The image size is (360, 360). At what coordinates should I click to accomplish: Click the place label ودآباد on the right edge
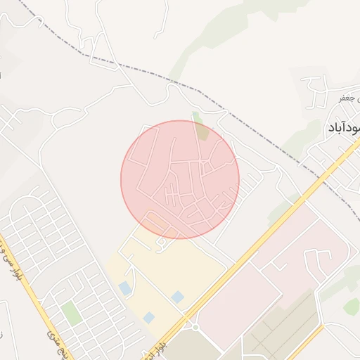click(x=344, y=128)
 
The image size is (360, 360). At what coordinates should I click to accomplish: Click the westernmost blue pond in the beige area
click(x=124, y=288)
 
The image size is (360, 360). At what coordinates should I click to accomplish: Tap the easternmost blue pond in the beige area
click(x=178, y=297)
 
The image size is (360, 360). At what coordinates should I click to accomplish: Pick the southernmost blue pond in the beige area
click(x=149, y=318)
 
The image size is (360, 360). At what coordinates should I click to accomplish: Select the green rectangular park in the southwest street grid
click(x=71, y=312)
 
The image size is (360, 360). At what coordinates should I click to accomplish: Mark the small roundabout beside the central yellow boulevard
click(x=194, y=326)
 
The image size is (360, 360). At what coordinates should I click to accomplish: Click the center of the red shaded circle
click(x=180, y=179)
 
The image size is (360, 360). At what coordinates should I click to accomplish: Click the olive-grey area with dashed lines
click(x=281, y=330)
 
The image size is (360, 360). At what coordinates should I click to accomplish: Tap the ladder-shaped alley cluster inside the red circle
click(x=170, y=195)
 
